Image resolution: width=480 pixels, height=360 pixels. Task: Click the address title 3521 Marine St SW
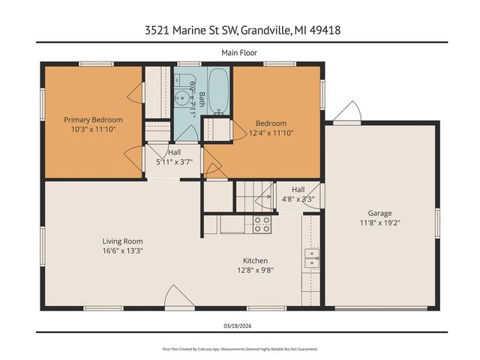(239, 31)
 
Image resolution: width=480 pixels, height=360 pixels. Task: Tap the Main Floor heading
(239, 52)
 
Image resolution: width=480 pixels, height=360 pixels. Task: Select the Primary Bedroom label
(93, 119)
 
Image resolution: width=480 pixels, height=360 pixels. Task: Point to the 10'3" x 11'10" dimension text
(93, 129)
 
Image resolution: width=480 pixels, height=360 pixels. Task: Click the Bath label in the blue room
(202, 100)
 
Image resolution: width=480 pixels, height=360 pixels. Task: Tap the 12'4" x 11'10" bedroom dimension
(271, 133)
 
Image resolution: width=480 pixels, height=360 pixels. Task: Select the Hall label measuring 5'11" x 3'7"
(173, 152)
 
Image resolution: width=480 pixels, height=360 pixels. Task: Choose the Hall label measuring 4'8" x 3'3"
(298, 190)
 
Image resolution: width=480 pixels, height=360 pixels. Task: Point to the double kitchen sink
(310, 258)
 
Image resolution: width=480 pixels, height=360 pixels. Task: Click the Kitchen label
(255, 261)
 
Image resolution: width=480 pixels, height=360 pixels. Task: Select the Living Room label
(122, 241)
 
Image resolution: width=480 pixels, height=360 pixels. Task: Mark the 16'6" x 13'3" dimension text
(122, 251)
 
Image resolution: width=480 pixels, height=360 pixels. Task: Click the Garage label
(379, 213)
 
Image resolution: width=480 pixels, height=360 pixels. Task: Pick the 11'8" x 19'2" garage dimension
(379, 223)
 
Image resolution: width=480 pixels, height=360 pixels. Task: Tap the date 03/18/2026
(239, 325)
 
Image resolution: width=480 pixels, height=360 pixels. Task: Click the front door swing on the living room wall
(173, 295)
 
